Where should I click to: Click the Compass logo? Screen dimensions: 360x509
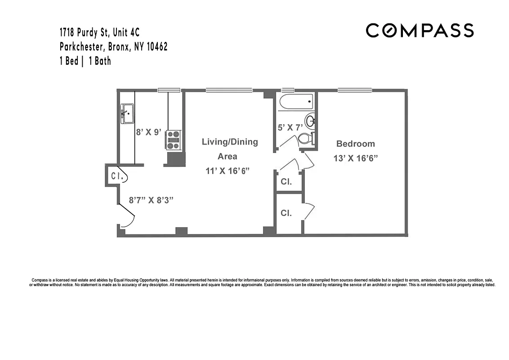coord(420,31)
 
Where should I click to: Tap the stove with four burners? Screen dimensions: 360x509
coord(174,139)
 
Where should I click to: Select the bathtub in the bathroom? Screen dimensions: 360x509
coord(296,103)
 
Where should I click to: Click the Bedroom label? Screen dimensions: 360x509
coord(355,144)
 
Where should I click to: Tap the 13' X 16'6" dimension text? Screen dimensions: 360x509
coord(355,158)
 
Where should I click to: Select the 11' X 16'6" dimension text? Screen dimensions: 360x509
coord(227,171)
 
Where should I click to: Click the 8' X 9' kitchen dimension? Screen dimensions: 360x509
coord(149,133)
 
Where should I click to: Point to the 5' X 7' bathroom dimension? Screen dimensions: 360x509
coord(290,127)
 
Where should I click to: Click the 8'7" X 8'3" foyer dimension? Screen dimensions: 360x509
coord(151,200)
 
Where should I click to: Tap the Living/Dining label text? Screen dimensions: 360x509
coord(230,142)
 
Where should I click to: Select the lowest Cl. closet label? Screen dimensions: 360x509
coord(286,213)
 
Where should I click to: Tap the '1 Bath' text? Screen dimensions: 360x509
coord(99,61)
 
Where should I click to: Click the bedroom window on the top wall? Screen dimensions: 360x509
coord(355,90)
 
